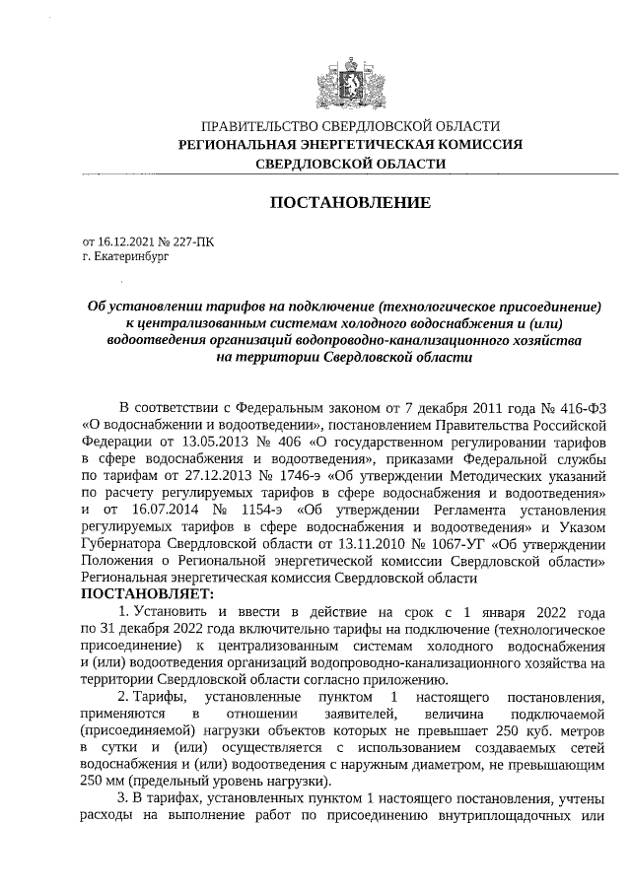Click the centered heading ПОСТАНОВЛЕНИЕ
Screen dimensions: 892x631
[350, 203]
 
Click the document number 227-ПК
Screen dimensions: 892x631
[191, 240]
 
